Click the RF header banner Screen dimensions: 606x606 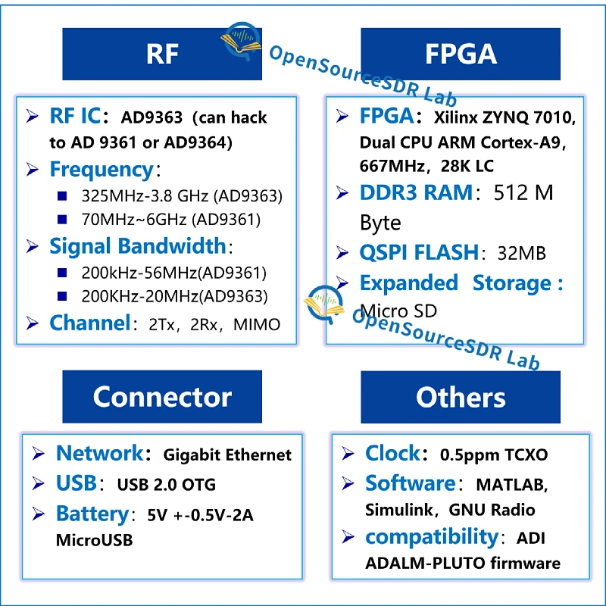click(x=161, y=54)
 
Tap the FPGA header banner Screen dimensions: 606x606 click(x=460, y=54)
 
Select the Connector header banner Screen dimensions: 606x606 click(x=161, y=396)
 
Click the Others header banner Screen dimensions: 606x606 click(x=460, y=396)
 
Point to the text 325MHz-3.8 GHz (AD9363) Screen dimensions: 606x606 click(x=182, y=196)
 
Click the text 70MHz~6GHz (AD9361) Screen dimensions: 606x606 click(x=170, y=220)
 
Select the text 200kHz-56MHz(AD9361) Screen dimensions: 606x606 click(x=174, y=273)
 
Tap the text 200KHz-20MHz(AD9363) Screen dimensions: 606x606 click(x=174, y=297)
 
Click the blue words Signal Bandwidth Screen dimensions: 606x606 click(x=137, y=246)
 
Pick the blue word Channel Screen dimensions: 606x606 click(x=89, y=323)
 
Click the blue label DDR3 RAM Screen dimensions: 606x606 click(x=415, y=193)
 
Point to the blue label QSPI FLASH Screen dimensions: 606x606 click(x=419, y=252)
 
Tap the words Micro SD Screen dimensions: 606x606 click(x=398, y=311)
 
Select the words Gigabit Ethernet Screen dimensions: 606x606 click(x=228, y=454)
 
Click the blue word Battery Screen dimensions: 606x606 click(x=92, y=514)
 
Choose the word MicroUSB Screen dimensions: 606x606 click(x=94, y=541)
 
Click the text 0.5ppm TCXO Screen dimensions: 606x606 click(x=494, y=454)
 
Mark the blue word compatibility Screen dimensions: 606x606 click(x=431, y=537)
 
